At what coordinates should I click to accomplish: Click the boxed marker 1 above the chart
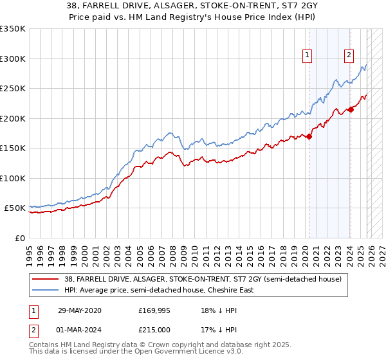[x=308, y=56]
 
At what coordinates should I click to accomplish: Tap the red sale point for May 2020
[x=309, y=136]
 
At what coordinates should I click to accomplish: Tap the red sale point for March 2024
[x=351, y=109]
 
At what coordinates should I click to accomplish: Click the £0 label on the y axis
[x=19, y=238]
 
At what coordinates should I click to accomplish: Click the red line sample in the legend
[x=46, y=279]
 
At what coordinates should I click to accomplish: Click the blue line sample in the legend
[x=46, y=290]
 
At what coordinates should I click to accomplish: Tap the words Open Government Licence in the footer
[x=177, y=352]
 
